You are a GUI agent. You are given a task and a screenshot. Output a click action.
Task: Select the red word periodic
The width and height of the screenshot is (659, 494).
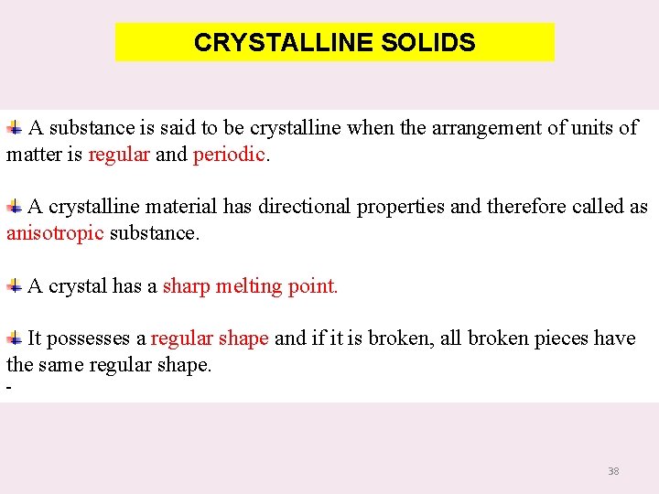pos(229,155)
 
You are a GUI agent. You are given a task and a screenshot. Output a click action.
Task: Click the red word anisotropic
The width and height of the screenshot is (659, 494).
pos(55,233)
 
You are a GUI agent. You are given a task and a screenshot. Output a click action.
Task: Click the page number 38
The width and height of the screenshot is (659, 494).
pos(613,471)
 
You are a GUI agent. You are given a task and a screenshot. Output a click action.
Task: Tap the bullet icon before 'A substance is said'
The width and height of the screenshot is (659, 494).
pos(15,127)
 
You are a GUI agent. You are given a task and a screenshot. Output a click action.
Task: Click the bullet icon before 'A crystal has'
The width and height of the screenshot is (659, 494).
pos(15,285)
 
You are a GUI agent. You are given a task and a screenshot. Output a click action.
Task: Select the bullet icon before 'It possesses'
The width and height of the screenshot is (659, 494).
pos(15,338)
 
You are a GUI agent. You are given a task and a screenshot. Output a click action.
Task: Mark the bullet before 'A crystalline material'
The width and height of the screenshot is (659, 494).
pos(15,206)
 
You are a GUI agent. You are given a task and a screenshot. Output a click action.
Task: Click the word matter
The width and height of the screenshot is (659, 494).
pos(34,155)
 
